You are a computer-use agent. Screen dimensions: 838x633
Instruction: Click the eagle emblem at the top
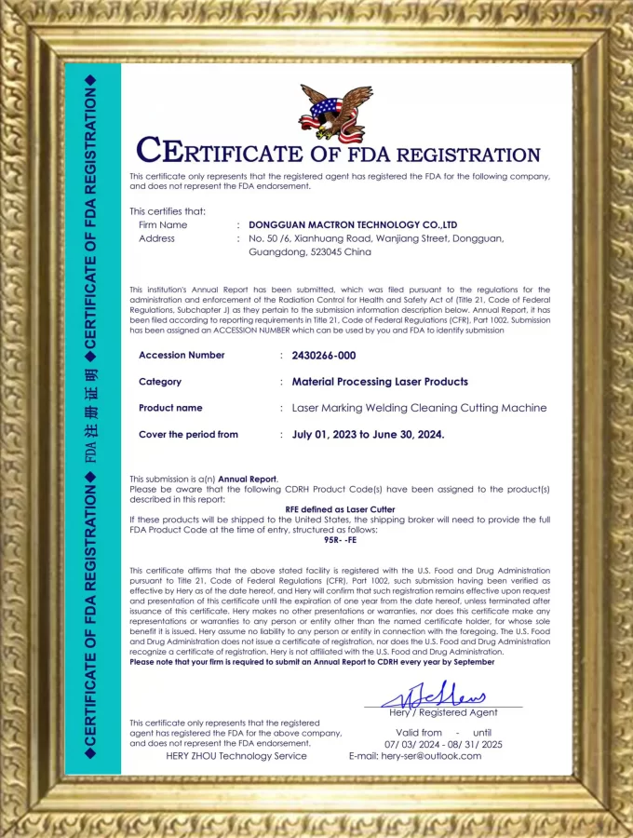335,112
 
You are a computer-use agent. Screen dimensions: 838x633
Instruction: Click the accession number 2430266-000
324,356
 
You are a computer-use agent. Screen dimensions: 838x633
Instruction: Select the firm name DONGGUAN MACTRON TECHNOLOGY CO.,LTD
353,225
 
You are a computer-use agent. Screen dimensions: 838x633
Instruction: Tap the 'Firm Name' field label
163,225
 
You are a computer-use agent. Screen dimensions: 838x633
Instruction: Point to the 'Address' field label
156,238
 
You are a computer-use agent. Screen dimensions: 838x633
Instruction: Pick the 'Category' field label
160,382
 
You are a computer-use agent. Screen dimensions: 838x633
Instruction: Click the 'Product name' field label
170,408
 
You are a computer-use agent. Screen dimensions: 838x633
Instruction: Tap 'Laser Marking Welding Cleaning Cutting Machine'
419,408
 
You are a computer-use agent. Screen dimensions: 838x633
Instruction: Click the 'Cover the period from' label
188,435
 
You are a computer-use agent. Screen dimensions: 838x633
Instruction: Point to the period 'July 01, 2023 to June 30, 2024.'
368,435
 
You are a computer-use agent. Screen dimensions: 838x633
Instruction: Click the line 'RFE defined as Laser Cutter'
340,509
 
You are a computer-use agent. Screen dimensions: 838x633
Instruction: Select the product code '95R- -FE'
340,538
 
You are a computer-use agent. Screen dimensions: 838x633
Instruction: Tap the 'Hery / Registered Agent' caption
443,712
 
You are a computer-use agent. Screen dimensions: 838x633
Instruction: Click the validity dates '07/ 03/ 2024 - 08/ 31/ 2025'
443,745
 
